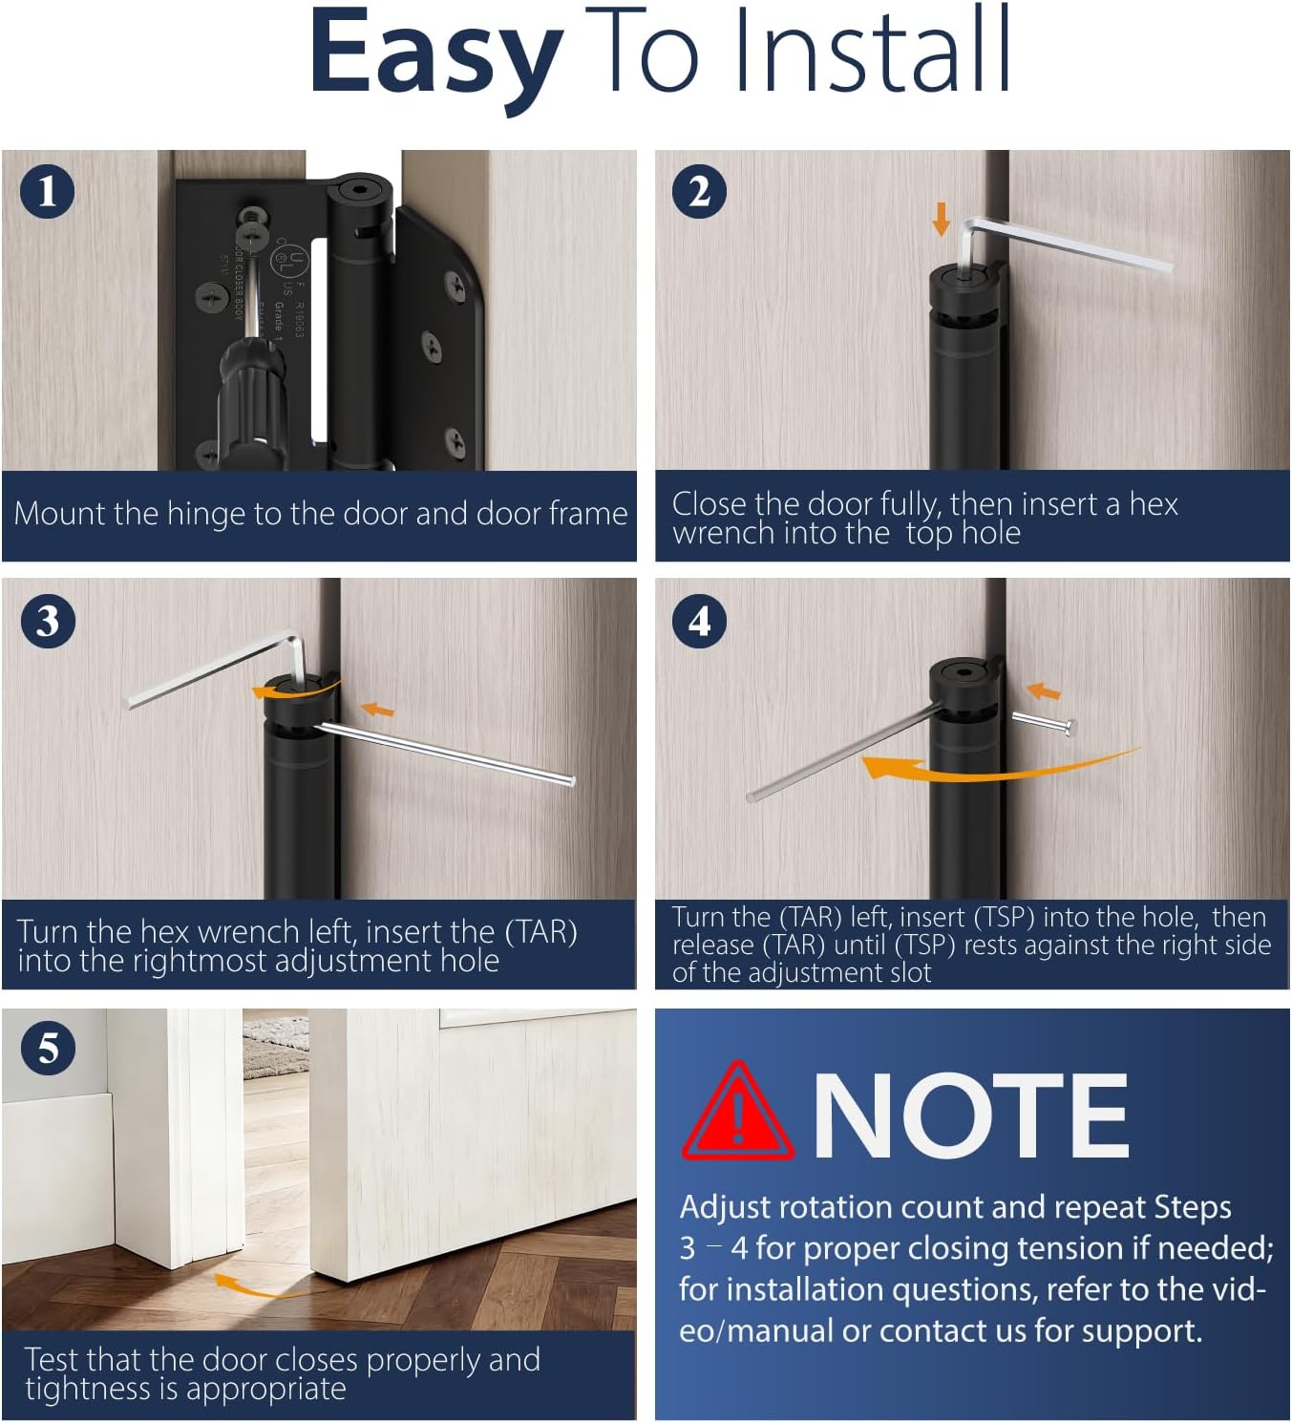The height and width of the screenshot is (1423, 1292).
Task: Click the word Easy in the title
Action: point(435,53)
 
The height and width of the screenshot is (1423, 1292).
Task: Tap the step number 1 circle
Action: point(47,191)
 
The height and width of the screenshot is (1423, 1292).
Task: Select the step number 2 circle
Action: point(699,191)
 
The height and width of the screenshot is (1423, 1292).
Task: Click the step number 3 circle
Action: point(47,621)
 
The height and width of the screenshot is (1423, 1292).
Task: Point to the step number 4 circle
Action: point(699,621)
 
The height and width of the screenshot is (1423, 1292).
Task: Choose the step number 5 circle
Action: point(47,1048)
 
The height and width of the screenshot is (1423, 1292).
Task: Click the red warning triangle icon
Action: point(737,1114)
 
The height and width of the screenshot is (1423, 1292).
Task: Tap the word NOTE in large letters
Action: point(969,1115)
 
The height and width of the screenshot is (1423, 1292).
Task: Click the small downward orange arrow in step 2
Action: point(941,218)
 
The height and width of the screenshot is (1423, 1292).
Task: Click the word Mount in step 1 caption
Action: point(60,514)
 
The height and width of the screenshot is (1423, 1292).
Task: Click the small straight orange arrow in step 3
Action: point(378,709)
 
